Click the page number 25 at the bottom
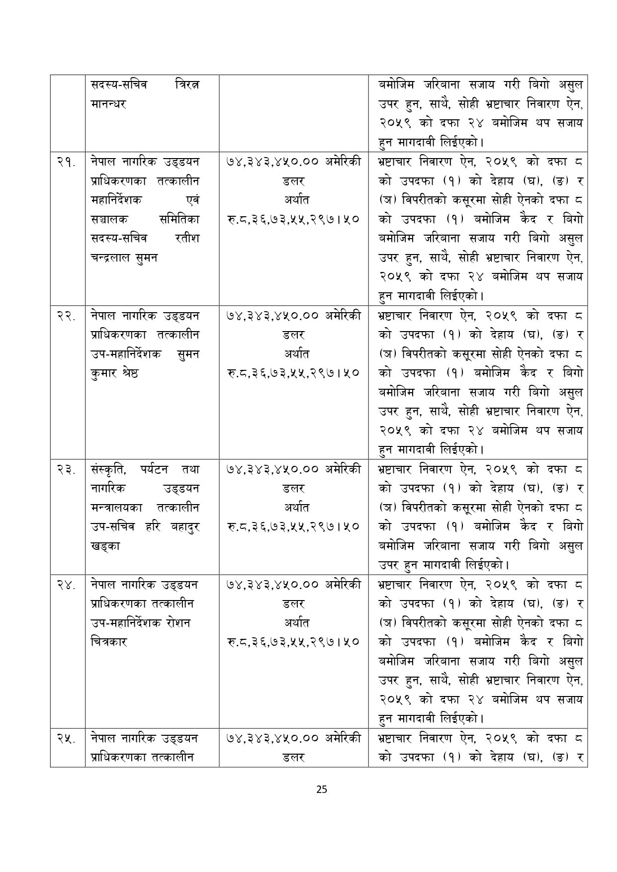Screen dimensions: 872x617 pos(322,789)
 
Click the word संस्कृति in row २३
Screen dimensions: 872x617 pos(109,469)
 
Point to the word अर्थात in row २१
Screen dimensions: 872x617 pos(293,200)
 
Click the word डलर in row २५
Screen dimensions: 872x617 pos(293,758)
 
